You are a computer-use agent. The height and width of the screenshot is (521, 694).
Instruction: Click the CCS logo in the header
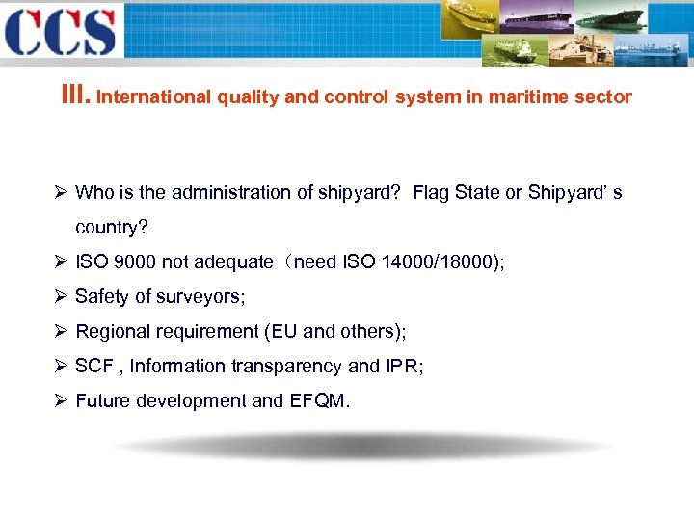pos(60,33)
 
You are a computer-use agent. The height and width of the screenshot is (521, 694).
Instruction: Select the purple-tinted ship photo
pos(541,18)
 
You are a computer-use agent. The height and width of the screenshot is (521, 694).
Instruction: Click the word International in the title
pos(153,96)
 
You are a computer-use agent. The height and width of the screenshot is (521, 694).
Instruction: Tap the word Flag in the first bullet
pos(433,192)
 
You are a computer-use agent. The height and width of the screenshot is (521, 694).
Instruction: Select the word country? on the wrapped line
pos(112,227)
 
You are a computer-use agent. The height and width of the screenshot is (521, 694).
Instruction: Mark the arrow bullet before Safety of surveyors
pos(60,296)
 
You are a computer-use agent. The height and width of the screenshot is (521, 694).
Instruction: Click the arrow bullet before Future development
pos(60,400)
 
